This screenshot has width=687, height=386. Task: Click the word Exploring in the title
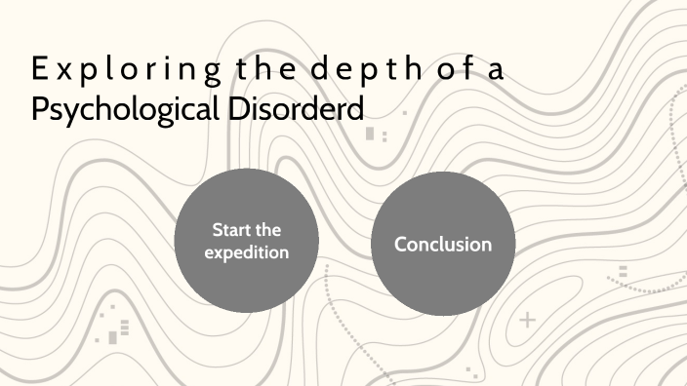[x=113, y=71]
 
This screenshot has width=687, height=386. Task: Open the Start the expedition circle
[x=245, y=241]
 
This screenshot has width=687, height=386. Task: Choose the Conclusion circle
[x=443, y=243]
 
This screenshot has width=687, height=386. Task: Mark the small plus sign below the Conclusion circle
[x=528, y=319]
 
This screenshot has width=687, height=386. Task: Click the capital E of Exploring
[x=37, y=70]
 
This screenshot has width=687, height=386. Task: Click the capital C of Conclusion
[x=401, y=244]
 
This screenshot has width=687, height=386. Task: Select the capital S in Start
[x=218, y=230]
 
